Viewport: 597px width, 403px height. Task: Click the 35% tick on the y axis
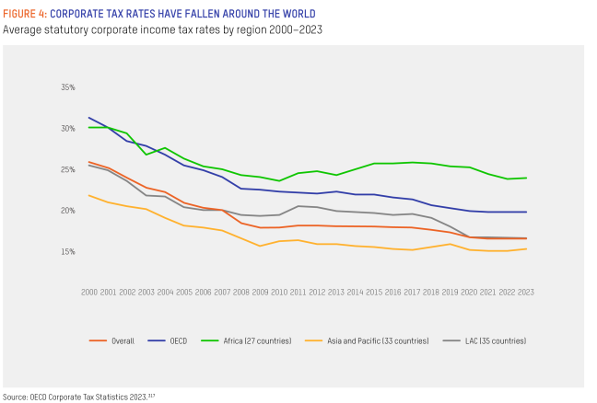[x=67, y=87]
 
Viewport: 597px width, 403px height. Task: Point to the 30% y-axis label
[x=67, y=129]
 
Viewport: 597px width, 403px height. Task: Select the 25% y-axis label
[x=67, y=170]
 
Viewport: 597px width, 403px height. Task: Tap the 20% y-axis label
[x=67, y=211]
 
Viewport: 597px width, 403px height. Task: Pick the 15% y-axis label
[x=67, y=252]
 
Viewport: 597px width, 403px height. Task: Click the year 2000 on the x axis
[x=89, y=292]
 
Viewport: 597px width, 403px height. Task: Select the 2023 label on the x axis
[x=526, y=292]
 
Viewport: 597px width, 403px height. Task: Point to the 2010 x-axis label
[x=279, y=292]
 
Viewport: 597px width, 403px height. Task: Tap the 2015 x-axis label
[x=374, y=292]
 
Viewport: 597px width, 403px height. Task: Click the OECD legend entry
[x=178, y=341]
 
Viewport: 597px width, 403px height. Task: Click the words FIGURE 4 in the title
[x=23, y=14]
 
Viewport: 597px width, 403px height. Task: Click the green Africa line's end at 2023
[x=526, y=178]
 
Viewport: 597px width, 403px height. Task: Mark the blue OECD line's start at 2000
[x=89, y=118]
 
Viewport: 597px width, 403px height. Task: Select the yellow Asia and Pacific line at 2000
[x=89, y=195]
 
